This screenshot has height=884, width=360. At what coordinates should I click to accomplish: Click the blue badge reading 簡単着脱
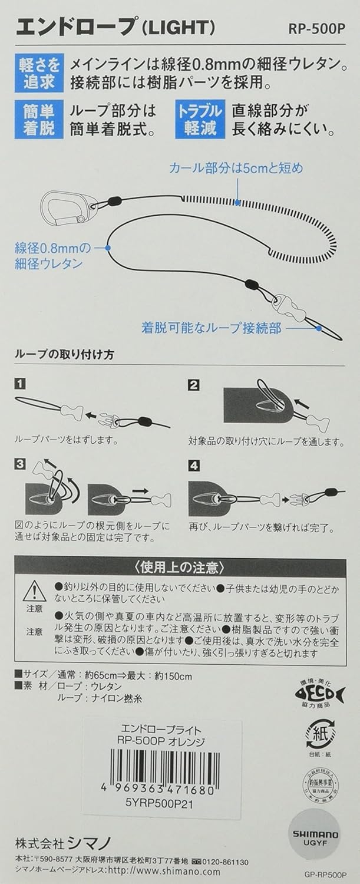39,119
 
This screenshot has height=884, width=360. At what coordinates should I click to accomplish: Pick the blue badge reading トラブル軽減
200,119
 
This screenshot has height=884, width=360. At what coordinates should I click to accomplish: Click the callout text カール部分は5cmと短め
236,169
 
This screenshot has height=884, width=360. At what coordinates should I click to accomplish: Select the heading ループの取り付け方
65,355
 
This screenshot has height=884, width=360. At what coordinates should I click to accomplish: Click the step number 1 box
21,385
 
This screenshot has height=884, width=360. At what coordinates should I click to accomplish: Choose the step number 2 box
194,385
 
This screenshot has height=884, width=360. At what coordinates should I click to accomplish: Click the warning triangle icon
34,591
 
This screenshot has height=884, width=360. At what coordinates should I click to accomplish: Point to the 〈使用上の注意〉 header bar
180,568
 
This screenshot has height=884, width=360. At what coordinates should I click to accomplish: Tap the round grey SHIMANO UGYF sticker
316,837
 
